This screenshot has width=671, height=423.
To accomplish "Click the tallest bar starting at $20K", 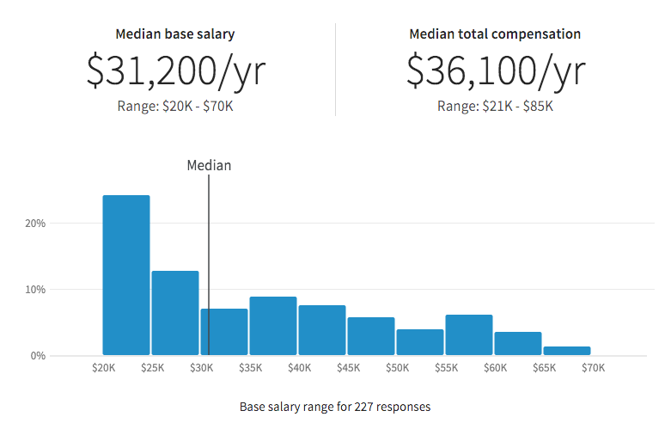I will (x=126, y=275).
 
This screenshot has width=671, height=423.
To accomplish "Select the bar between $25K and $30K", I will (x=175, y=313).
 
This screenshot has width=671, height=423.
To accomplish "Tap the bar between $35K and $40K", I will (x=273, y=326).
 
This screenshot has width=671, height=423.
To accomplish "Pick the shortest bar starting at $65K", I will (x=567, y=351).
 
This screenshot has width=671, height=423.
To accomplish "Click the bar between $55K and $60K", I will (x=469, y=334).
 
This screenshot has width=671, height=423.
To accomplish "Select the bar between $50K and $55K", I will (x=420, y=342).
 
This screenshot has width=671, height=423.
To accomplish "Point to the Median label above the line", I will (x=209, y=165).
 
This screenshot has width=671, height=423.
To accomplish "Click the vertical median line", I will (x=209, y=258).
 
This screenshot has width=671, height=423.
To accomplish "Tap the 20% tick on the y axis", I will (x=34, y=223).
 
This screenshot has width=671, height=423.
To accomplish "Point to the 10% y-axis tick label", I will (x=34, y=289).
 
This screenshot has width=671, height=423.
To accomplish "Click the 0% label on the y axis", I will (x=37, y=355).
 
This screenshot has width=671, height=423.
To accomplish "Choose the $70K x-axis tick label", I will (x=593, y=368).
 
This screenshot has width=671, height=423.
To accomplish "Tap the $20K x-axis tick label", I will (x=103, y=368).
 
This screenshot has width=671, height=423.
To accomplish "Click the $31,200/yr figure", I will (x=175, y=70).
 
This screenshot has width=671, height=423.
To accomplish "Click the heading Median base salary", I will (x=175, y=34).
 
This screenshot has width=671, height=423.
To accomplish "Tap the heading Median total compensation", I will (x=495, y=34).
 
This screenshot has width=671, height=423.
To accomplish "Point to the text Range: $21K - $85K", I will (x=495, y=107).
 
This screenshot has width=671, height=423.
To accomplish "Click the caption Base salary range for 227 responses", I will (x=335, y=406).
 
